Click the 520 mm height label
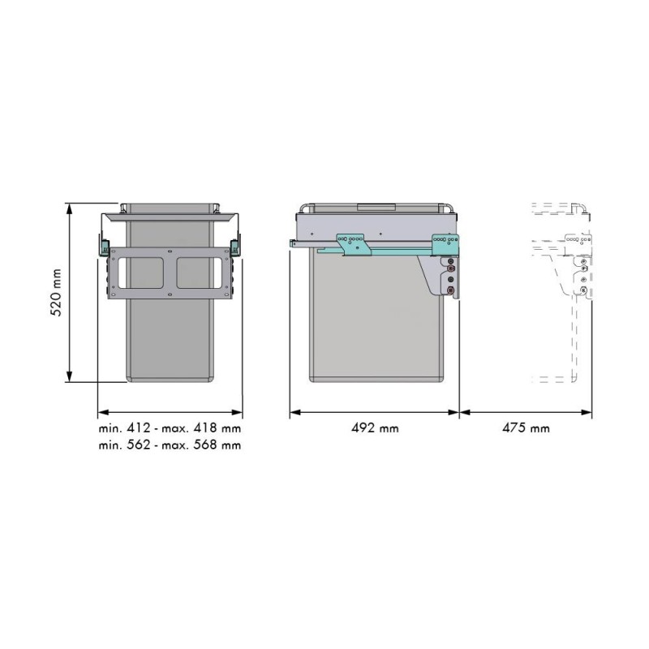tap(56, 293)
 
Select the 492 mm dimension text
tap(375, 428)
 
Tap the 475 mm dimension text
tap(526, 428)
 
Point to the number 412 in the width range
tap(138, 428)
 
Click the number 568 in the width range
tap(205, 445)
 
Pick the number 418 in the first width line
tap(205, 428)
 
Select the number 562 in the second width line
tap(138, 445)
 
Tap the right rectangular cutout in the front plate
tap(200, 273)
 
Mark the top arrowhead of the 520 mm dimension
tap(70, 208)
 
